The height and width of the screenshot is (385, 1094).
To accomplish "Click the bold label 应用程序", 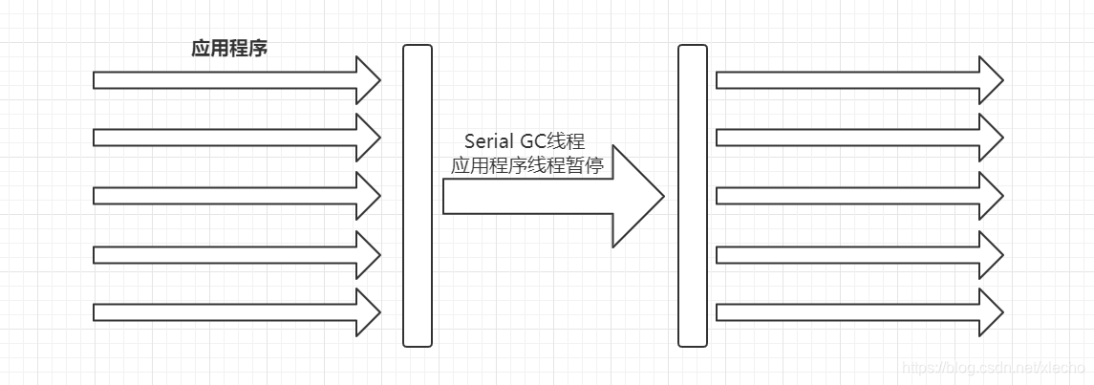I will (229, 49).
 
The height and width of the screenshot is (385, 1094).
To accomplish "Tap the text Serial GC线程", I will (525, 140).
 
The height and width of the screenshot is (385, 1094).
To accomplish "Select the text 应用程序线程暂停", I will (526, 165).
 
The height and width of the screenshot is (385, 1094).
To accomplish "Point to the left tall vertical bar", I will (418, 195).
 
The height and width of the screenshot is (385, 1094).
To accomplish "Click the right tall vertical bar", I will (692, 195).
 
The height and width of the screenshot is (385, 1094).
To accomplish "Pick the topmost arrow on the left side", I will (229, 80).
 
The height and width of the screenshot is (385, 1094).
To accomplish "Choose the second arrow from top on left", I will (229, 138).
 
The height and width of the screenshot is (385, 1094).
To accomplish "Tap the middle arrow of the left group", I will (229, 196).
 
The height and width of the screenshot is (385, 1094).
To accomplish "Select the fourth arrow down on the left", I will (229, 254).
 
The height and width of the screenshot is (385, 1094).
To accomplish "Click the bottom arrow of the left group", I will (229, 312).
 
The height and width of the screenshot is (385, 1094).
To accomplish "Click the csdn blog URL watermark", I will (994, 368).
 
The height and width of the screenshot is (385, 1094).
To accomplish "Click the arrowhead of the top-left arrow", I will (367, 80).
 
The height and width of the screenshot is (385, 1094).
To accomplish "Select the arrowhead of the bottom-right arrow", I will (990, 312).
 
